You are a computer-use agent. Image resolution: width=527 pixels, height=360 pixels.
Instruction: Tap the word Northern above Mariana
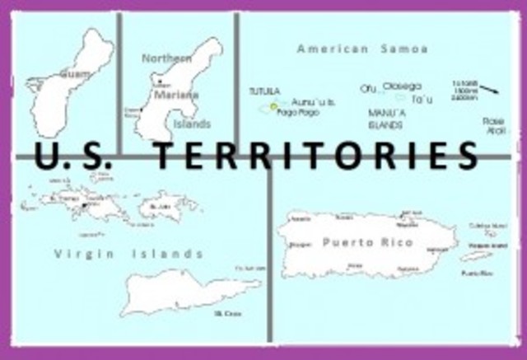166,58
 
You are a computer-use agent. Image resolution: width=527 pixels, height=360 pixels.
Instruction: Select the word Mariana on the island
175,95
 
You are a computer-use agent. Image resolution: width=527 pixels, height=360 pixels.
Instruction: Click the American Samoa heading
361,49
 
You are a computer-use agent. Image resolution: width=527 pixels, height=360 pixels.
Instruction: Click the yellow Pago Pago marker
274,106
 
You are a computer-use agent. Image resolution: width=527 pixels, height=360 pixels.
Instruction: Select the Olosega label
403,86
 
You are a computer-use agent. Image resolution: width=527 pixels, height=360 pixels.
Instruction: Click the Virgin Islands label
128,254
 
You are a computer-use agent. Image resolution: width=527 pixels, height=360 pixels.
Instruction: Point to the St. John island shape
168,203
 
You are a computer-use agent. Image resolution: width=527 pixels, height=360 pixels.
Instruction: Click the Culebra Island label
485,224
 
